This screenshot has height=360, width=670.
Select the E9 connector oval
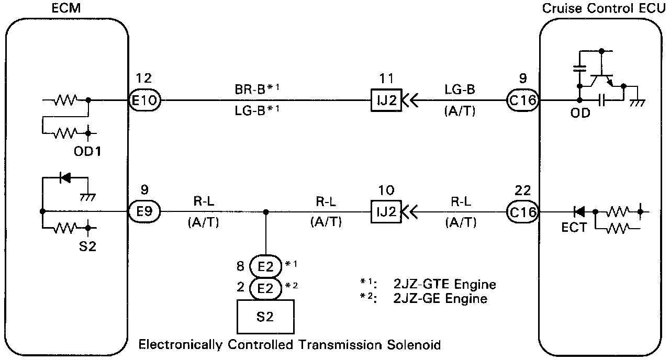[x=145, y=212]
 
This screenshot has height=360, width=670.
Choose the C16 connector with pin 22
[x=522, y=212]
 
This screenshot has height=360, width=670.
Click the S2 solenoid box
[x=265, y=316]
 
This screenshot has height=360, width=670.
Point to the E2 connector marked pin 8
[x=265, y=266]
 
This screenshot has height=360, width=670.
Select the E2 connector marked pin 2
[x=265, y=287]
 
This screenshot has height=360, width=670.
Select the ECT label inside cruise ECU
[x=574, y=229]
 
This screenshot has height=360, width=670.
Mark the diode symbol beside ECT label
[x=579, y=212]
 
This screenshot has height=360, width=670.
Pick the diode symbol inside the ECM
[x=65, y=177]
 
